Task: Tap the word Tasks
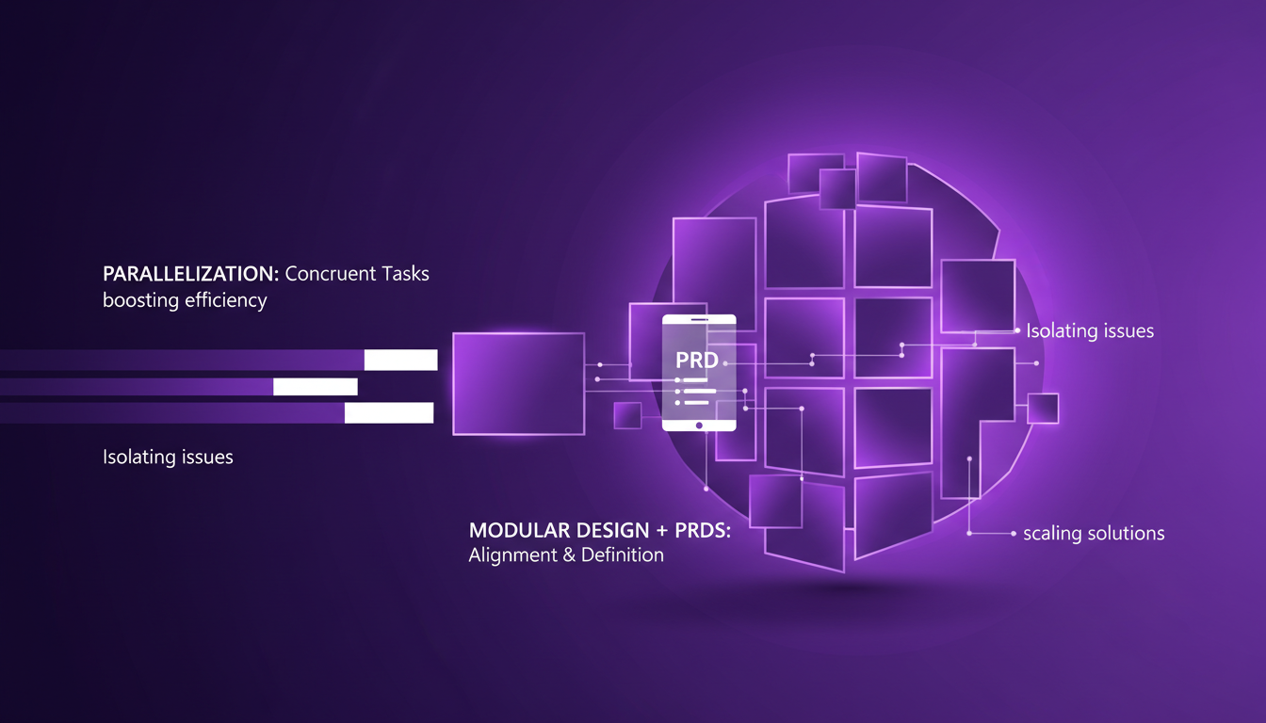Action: pos(405,274)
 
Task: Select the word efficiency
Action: pos(226,301)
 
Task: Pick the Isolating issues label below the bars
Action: pos(168,458)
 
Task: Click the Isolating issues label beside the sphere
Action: pos(1090,331)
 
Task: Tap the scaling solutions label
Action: pos(1094,534)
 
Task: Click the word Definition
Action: pos(623,555)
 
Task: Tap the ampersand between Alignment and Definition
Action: pos(569,555)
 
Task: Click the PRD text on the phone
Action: pos(697,361)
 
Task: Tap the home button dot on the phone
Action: pos(699,426)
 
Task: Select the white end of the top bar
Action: pos(401,360)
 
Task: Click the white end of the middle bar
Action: pos(316,387)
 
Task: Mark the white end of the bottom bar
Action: pos(389,412)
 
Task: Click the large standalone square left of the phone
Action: pos(518,384)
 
